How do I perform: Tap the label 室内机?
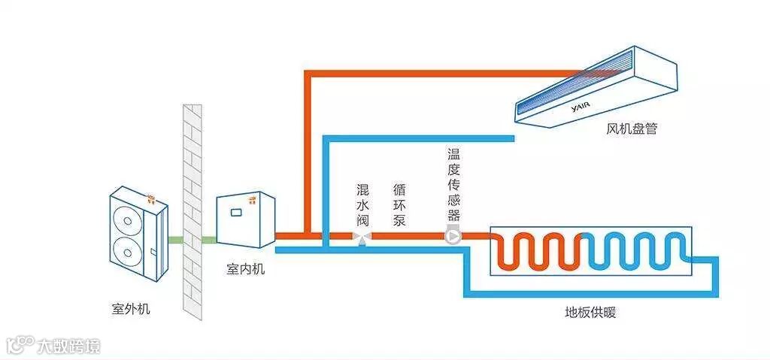tap(245, 269)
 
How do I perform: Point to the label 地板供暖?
tap(590, 313)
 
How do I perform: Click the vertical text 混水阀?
tap(362, 204)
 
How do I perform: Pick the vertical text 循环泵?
tap(399, 204)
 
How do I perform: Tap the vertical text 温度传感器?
tap(453, 184)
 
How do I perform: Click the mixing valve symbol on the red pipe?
tap(362, 237)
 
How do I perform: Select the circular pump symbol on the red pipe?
tap(453, 237)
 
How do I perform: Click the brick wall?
tap(193, 210)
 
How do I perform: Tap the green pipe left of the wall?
tap(174, 240)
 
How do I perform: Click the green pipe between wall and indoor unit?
tap(210, 240)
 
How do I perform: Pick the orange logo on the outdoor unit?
tap(152, 200)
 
